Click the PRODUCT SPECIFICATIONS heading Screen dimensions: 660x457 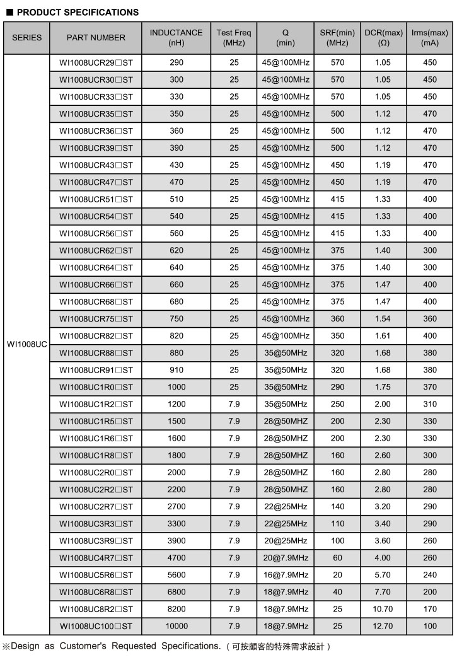(76, 12)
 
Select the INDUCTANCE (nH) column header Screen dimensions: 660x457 (176, 37)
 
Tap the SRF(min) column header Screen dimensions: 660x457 (337, 37)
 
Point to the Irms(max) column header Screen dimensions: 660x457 (429, 37)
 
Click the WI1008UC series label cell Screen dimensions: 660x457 (26, 344)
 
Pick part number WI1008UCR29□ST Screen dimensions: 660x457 (96, 62)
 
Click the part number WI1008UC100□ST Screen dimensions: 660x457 (96, 626)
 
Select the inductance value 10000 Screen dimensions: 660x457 (176, 626)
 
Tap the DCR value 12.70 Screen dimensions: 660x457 (383, 626)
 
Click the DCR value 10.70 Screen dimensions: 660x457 (383, 609)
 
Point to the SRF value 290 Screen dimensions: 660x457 (337, 387)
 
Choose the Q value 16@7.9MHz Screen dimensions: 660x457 (286, 575)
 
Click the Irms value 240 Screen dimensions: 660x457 (429, 575)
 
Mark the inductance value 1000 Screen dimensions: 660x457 (176, 387)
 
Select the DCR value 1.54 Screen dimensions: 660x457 (383, 318)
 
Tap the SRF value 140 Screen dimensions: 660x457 (337, 506)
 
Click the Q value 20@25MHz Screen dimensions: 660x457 (286, 541)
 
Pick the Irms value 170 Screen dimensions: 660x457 (429, 609)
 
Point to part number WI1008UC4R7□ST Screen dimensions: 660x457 (96, 558)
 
